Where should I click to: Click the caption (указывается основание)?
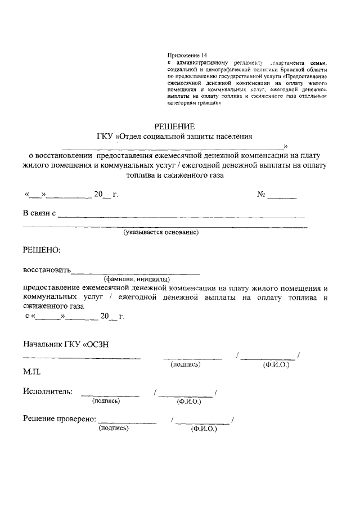click(x=161, y=232)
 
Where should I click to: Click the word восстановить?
click(x=47, y=270)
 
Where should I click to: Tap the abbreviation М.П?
click(x=32, y=372)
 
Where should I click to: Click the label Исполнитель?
click(x=48, y=391)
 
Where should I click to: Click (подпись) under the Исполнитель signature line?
click(x=106, y=401)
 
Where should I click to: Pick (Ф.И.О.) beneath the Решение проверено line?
click(x=204, y=429)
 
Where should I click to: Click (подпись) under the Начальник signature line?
click(x=185, y=365)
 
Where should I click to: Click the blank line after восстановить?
click(x=136, y=272)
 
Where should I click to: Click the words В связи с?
click(x=39, y=213)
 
